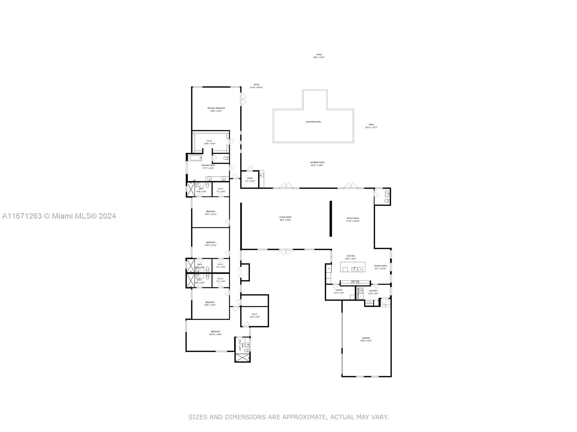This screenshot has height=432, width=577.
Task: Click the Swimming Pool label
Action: [313, 122]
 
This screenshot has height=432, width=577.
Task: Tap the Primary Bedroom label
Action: [216, 108]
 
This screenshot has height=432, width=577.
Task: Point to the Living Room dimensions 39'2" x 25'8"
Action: [285, 220]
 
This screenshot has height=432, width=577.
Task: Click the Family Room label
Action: [353, 218]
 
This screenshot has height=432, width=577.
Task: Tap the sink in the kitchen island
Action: [354, 268]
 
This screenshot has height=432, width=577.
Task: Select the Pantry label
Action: [339, 290]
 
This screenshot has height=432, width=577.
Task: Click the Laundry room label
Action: [373, 291]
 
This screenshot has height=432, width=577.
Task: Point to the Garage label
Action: [366, 338]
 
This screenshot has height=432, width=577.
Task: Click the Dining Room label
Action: [380, 266]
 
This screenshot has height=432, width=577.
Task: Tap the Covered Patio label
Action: [317, 162]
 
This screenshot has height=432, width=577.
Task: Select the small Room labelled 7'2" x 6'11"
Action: [250, 180]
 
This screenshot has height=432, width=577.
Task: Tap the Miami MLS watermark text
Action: [59, 216]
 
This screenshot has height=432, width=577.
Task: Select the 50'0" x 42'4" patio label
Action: [319, 57]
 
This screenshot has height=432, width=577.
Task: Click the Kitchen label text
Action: [351, 256]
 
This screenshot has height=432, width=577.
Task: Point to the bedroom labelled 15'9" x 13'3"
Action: [210, 303]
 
